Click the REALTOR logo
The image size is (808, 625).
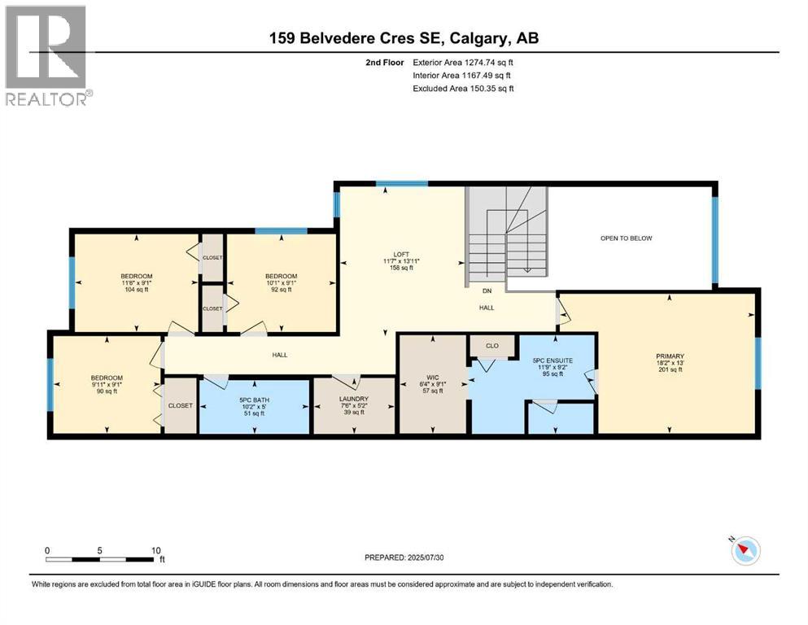(x=46, y=55)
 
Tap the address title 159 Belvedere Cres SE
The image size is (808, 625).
(x=404, y=37)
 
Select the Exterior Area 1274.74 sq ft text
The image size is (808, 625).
(x=462, y=62)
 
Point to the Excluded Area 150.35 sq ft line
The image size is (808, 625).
(x=462, y=88)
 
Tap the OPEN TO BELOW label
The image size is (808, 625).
(x=626, y=238)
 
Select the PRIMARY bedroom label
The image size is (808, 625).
(x=670, y=356)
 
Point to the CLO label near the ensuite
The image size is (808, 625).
(x=491, y=346)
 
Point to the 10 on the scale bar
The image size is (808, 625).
(x=156, y=550)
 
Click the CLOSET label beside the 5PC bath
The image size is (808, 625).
(x=180, y=405)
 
